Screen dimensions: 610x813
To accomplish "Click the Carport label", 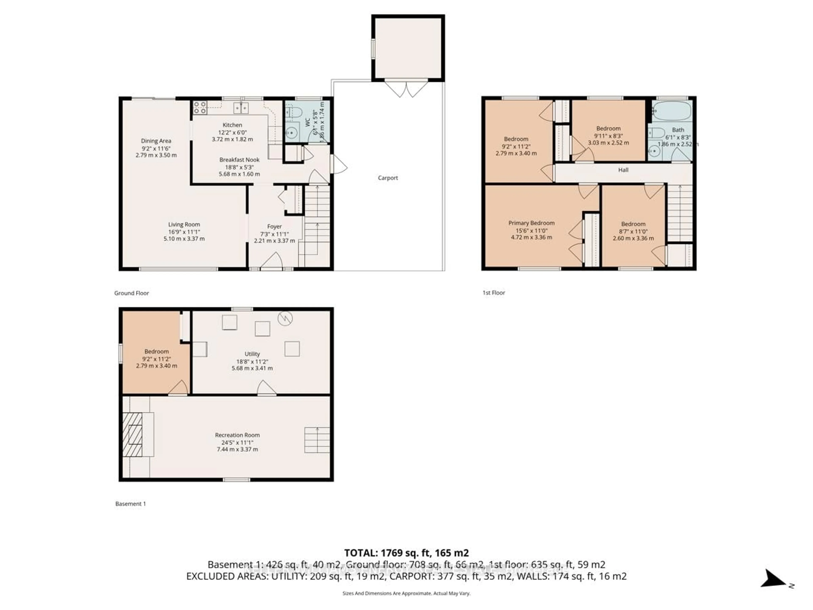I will click(388, 178).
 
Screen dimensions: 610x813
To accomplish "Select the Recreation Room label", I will click(237, 435).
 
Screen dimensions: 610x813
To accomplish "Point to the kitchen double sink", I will click(241, 108).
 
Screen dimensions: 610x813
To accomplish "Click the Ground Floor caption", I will click(131, 293).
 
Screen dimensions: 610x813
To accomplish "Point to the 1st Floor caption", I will click(494, 293).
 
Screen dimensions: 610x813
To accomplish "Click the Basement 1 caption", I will click(130, 504).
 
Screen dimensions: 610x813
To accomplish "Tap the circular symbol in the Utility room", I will click(285, 318).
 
